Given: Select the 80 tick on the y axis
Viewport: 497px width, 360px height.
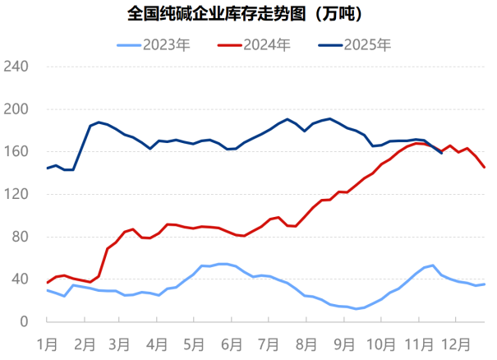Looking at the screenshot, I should [20, 237].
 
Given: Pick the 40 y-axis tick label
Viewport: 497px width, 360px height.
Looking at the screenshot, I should [20, 279].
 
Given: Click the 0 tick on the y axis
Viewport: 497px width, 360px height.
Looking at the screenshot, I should [23, 322].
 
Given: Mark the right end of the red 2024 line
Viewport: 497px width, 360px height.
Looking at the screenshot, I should [485, 168].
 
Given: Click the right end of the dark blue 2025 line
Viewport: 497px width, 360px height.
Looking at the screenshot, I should [441, 153].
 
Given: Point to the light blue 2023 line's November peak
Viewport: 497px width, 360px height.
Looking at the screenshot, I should [433, 265].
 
